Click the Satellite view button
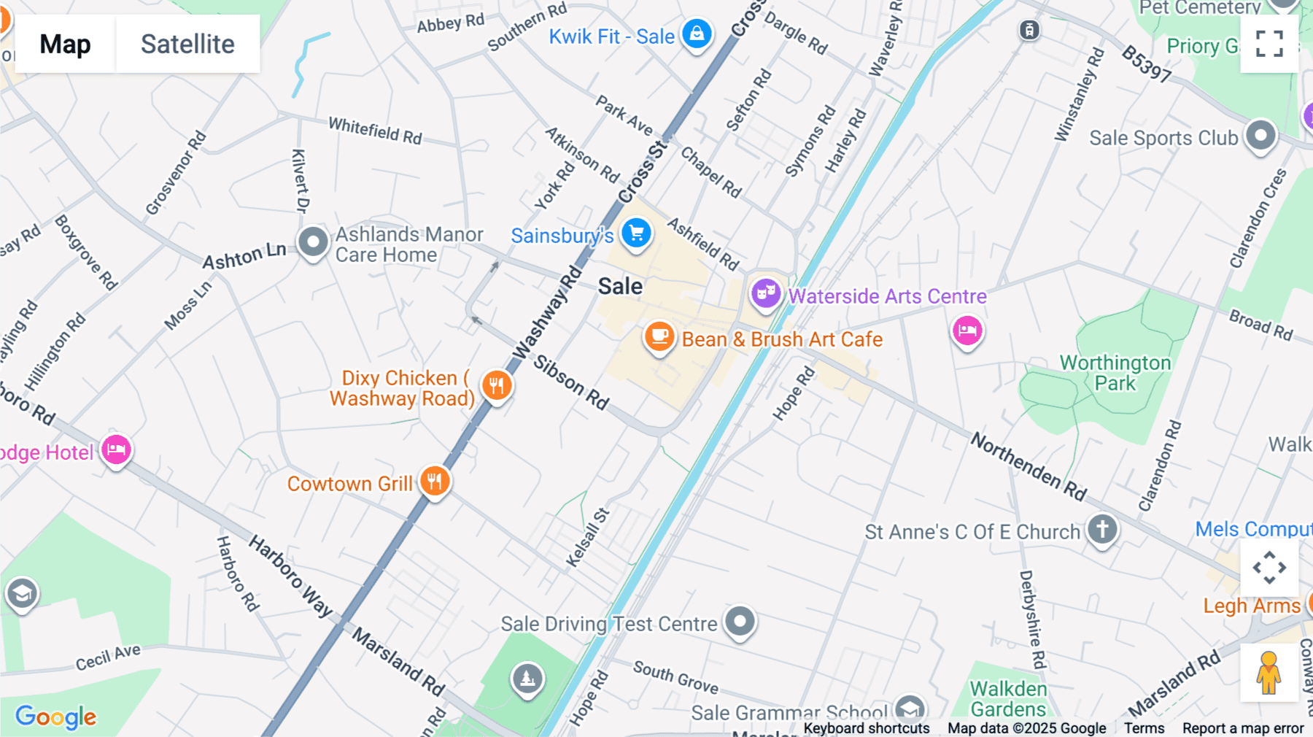(x=187, y=44)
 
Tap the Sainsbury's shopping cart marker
(x=636, y=234)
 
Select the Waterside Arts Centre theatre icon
(x=765, y=294)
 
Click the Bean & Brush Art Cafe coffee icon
(x=659, y=337)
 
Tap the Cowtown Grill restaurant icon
(x=435, y=482)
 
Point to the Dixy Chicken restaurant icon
(x=497, y=385)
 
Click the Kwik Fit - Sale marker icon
(x=697, y=34)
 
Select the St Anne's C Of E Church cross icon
(x=1102, y=529)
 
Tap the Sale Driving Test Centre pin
(x=740, y=622)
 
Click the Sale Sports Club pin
(x=1260, y=136)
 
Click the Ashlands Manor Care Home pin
(x=314, y=242)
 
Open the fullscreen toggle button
(x=1269, y=44)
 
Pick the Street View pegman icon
(x=1269, y=673)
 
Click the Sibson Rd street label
(x=571, y=382)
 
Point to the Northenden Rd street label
(x=1029, y=466)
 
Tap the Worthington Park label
(x=1115, y=373)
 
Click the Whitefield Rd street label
(x=375, y=131)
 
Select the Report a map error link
(x=1242, y=728)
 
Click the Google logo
(x=55, y=717)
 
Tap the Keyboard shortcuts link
(x=866, y=728)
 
